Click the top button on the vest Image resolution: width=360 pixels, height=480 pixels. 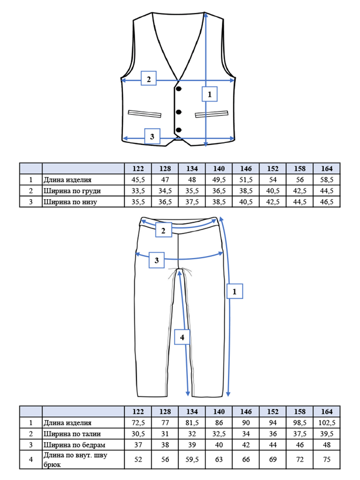[179, 89]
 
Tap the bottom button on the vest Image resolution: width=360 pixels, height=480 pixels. [179, 130]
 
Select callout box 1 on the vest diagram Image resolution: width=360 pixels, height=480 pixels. [209, 94]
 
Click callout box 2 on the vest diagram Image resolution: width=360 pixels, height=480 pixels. [149, 78]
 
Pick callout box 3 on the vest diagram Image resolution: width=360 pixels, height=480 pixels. [152, 136]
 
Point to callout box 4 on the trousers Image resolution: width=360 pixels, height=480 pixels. [182, 337]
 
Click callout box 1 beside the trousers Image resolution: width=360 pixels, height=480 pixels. [234, 291]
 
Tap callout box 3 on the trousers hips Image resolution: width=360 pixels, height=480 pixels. [156, 260]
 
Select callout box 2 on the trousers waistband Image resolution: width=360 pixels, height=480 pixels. [164, 230]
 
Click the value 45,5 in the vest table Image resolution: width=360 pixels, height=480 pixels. [138, 180]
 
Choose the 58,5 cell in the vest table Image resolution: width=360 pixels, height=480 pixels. [326, 180]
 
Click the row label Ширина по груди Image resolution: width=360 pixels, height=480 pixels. [72, 191]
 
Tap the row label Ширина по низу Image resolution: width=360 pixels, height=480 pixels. [70, 202]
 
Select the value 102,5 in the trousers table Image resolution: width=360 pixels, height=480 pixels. [326, 423]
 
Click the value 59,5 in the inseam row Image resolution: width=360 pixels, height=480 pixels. [192, 460]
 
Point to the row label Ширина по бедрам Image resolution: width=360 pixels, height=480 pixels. [74, 445]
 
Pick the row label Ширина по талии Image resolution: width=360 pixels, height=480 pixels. [72, 434]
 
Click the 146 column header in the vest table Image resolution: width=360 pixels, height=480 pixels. [246, 169]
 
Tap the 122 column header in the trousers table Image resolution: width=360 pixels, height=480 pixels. [138, 412]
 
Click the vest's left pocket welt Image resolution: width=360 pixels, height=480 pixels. [144, 114]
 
